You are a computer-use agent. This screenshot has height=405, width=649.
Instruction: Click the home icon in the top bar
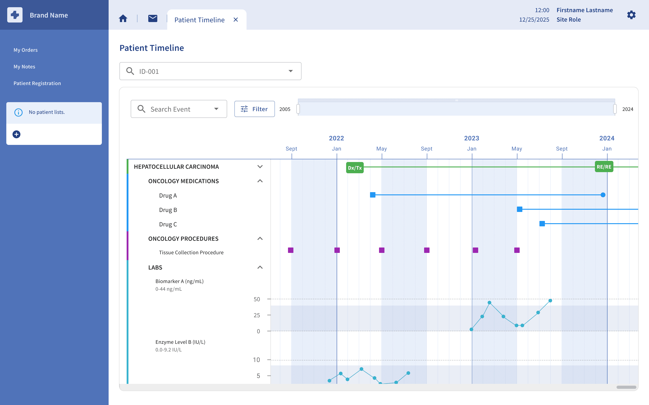click(x=123, y=18)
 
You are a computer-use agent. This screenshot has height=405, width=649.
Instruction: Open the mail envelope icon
click(x=153, y=18)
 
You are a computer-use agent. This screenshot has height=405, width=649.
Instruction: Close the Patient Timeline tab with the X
click(x=236, y=20)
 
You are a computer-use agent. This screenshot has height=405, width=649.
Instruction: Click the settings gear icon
click(x=631, y=15)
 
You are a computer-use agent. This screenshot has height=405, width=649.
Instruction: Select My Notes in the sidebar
click(x=24, y=66)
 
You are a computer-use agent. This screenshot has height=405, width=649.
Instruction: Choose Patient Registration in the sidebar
click(x=37, y=83)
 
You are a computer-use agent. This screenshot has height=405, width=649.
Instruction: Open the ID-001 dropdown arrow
click(x=290, y=71)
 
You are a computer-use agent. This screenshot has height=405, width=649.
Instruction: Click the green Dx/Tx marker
click(x=355, y=168)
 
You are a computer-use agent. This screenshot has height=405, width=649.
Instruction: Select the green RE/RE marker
click(x=604, y=166)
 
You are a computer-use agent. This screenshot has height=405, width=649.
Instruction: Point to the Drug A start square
click(x=372, y=195)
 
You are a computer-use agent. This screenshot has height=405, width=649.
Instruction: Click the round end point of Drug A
click(x=603, y=195)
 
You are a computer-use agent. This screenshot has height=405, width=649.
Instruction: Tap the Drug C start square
click(x=542, y=223)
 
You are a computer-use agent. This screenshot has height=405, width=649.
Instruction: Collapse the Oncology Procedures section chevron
click(x=260, y=238)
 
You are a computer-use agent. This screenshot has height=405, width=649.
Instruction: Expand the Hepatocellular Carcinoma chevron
click(x=260, y=166)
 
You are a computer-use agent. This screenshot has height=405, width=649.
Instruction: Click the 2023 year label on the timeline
click(x=471, y=138)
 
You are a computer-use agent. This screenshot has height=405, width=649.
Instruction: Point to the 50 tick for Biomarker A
click(x=257, y=299)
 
